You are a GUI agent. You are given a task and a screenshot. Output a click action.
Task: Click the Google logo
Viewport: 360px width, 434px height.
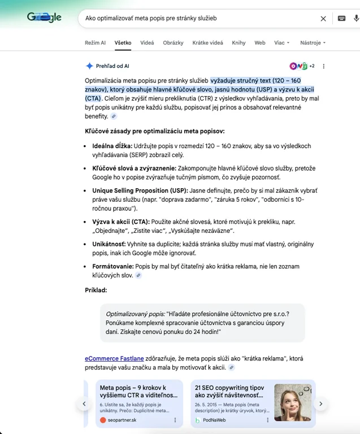click(44, 18)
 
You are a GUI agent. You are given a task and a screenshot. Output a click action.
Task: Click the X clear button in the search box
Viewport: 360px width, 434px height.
click(323, 18)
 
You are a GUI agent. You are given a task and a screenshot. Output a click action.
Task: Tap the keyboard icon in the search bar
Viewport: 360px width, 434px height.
click(341, 18)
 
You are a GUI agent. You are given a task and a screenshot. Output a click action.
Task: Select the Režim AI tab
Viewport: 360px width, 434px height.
click(95, 42)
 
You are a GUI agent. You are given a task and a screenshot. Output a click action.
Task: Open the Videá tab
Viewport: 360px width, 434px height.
click(147, 42)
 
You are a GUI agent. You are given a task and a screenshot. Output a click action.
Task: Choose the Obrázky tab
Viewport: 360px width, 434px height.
click(173, 42)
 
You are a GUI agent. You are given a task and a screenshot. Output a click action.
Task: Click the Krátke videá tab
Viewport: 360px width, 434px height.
click(207, 42)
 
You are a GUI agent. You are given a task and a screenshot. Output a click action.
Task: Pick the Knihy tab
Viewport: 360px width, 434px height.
click(238, 42)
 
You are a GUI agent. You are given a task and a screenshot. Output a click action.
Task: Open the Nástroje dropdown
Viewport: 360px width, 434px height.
click(313, 42)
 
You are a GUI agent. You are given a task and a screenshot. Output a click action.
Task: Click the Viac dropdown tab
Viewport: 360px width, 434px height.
click(281, 42)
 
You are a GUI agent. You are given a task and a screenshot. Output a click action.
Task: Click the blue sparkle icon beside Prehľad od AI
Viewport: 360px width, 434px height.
click(89, 66)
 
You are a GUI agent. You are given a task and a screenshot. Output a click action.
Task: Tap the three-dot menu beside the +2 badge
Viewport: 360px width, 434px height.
click(324, 66)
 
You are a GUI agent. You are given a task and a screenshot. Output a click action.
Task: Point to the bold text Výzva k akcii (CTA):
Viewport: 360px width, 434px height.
click(120, 222)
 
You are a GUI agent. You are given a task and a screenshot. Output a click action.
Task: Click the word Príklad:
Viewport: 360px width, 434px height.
click(96, 290)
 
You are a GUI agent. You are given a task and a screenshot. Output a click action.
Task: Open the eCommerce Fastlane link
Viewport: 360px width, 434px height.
click(114, 358)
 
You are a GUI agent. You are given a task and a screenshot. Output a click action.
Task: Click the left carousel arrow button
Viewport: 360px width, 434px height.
click(84, 403)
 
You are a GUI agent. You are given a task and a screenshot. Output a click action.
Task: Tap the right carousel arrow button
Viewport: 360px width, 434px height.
click(320, 403)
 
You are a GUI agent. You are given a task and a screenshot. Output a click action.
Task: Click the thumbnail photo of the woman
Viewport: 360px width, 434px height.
click(292, 402)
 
